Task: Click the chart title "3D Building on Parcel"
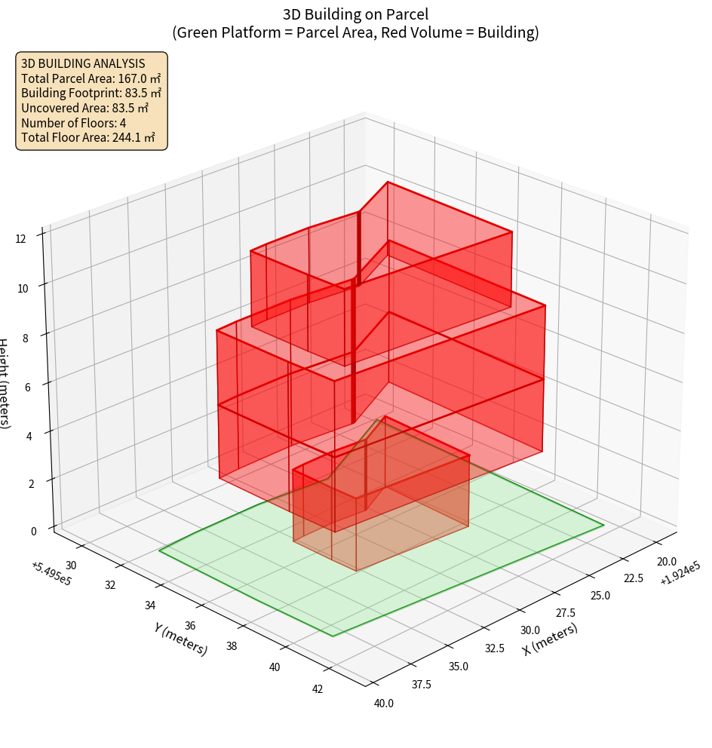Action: (355, 14)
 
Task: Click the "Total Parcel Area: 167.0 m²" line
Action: (91, 78)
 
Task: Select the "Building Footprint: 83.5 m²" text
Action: (91, 93)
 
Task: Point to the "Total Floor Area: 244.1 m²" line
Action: (88, 138)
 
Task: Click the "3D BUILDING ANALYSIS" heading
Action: (83, 63)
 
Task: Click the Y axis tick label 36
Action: (189, 625)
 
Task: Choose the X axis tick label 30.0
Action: (530, 630)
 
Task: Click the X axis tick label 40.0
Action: (384, 704)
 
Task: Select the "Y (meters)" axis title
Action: (180, 639)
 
